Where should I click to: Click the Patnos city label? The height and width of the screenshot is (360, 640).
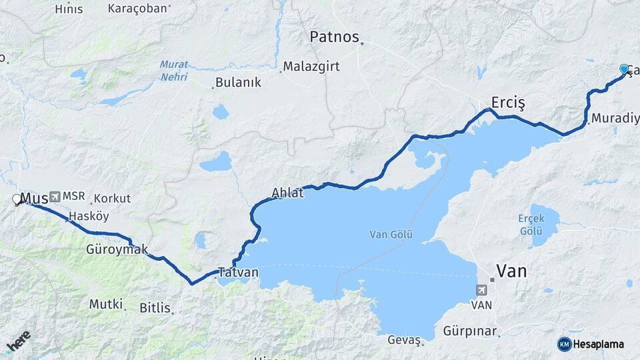[x=334, y=37]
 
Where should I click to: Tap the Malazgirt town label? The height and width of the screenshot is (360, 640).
[x=311, y=67]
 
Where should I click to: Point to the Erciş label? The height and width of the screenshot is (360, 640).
[x=508, y=102]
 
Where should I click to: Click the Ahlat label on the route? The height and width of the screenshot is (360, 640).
[x=287, y=193]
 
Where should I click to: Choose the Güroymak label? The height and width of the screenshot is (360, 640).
[x=117, y=249]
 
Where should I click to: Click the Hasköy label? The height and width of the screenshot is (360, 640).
[x=88, y=216]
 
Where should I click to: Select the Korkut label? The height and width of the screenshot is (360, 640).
[x=112, y=199]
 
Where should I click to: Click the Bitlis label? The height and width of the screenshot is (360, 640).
[x=155, y=308]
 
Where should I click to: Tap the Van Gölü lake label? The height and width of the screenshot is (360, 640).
[x=391, y=235]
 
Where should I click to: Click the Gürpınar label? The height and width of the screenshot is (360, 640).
[x=471, y=331]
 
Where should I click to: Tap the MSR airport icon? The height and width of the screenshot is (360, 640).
[x=54, y=197]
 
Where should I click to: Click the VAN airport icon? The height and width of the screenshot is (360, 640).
[x=481, y=290]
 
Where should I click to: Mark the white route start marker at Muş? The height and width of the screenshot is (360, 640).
[x=17, y=199]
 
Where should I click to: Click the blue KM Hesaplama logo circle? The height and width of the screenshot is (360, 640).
[x=564, y=344]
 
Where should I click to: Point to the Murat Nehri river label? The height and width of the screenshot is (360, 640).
[x=174, y=71]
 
